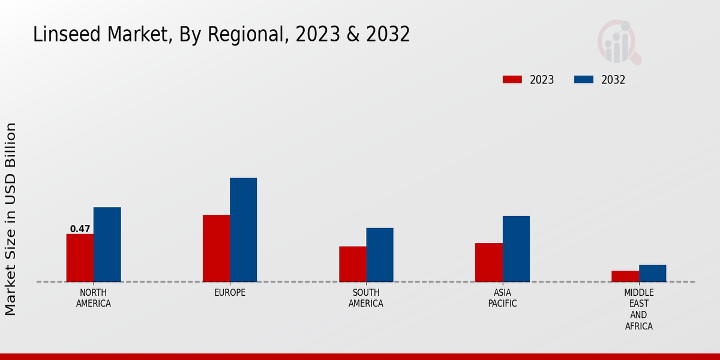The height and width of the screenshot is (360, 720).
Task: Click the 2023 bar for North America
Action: coord(80,258)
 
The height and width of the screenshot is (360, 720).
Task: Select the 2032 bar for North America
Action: coord(107,245)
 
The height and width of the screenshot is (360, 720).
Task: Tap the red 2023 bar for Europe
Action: coord(216,248)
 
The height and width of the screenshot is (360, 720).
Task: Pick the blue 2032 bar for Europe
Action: coord(243,230)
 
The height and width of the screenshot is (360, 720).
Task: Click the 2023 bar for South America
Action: coord(352,264)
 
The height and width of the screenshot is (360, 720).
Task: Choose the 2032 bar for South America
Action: coord(380,255)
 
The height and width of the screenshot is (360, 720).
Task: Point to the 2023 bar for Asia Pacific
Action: coord(488,262)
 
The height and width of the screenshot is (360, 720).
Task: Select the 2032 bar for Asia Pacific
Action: coord(516,249)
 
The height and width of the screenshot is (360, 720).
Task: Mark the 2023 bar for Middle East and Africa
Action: coord(625,276)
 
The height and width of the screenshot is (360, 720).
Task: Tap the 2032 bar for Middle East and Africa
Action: coord(652,273)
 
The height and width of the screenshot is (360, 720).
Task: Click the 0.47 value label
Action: coord(80,229)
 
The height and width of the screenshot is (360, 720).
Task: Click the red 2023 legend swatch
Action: coord(512,80)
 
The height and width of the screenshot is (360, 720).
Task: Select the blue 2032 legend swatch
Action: coord(584,80)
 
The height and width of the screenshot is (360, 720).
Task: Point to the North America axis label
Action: coord(94,298)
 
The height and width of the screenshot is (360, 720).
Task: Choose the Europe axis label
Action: coord(230,293)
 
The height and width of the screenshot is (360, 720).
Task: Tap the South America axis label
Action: coord(366,298)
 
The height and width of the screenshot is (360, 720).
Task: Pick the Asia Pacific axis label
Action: coord(502,298)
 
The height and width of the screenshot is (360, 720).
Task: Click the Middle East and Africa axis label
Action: coord(638,310)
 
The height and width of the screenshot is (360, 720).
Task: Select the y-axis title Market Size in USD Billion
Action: coord(11,219)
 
